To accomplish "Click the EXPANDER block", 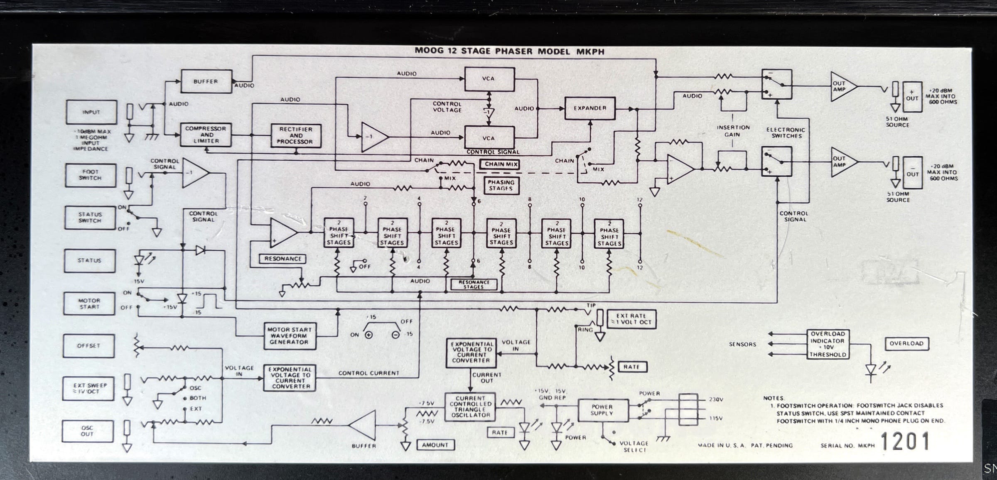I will [590, 108].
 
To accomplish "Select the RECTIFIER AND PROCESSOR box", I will [296, 135].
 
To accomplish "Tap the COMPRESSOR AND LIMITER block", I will [206, 135].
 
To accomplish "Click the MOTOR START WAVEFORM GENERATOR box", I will [289, 336].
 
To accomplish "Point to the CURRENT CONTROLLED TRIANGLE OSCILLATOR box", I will [471, 407].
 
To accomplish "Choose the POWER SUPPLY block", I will [602, 410].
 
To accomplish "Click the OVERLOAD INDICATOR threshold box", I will [828, 344].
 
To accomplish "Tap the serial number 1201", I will [905, 441].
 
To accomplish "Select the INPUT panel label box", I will [91, 112].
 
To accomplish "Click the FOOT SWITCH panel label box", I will [90, 175].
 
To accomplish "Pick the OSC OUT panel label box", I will [87, 431].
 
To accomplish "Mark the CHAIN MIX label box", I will [501, 164].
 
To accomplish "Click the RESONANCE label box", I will [282, 259].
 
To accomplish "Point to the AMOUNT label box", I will [435, 445].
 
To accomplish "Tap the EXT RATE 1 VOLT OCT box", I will [631, 319].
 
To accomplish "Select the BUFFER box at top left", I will [206, 81].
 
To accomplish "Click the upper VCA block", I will [489, 78].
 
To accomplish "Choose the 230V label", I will [716, 399].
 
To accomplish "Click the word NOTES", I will [774, 398].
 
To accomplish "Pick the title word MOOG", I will [429, 51].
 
